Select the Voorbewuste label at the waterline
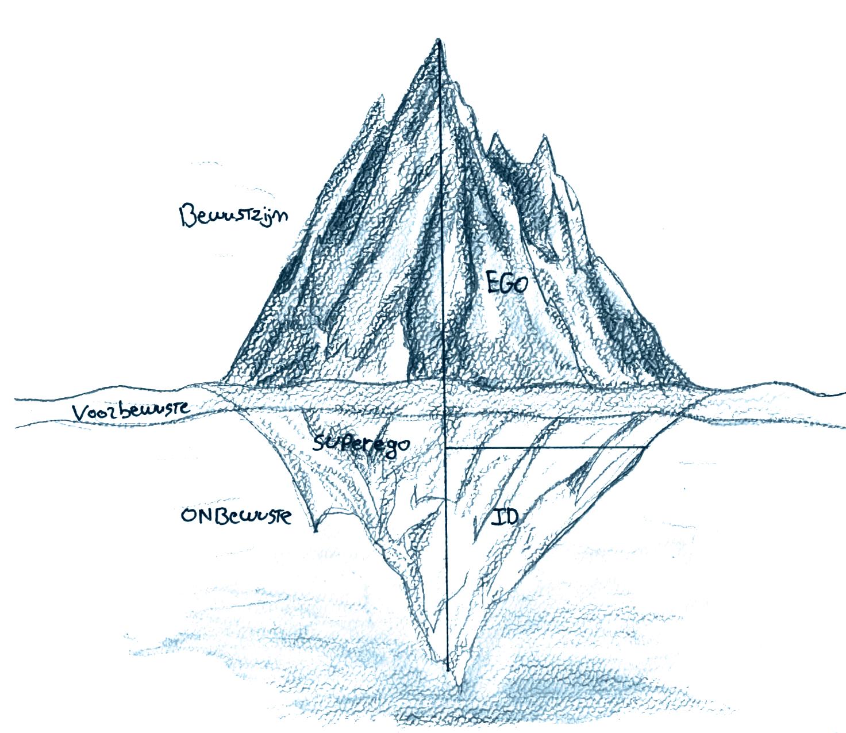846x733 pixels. coord(131,412)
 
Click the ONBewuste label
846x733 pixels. coord(236,516)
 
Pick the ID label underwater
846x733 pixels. coord(506,516)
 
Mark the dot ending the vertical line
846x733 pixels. coord(448,670)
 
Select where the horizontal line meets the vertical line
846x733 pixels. coord(446,447)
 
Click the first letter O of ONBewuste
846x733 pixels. coord(189,516)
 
